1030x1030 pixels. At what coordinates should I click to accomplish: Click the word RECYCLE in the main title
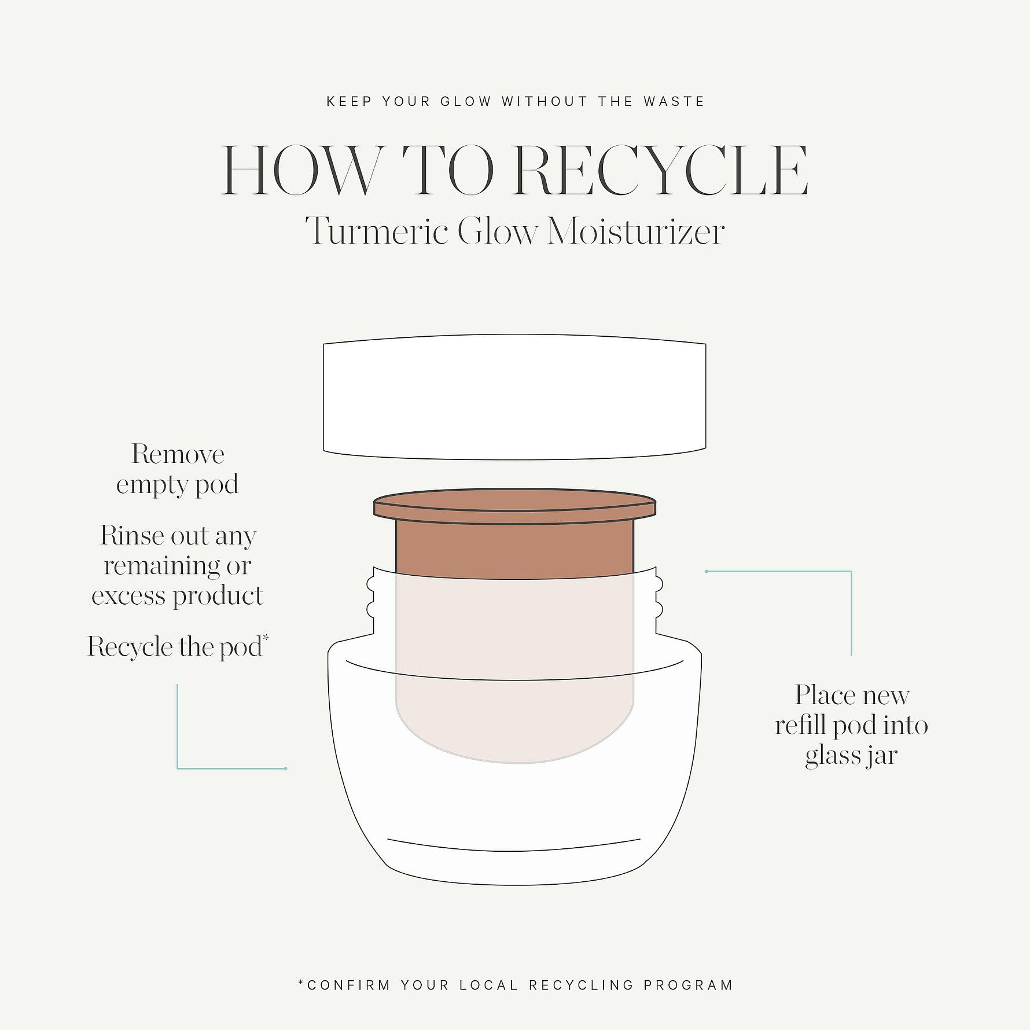[x=661, y=171]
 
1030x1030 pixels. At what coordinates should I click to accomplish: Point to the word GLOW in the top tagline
[x=466, y=102]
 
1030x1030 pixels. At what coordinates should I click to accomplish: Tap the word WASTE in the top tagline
[x=674, y=102]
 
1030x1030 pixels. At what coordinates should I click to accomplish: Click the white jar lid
[x=514, y=397]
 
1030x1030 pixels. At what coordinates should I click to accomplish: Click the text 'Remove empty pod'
[x=178, y=469]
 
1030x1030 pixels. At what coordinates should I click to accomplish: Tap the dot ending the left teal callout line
[x=286, y=768]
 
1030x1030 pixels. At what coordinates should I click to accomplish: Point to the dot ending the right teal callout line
[x=707, y=572]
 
